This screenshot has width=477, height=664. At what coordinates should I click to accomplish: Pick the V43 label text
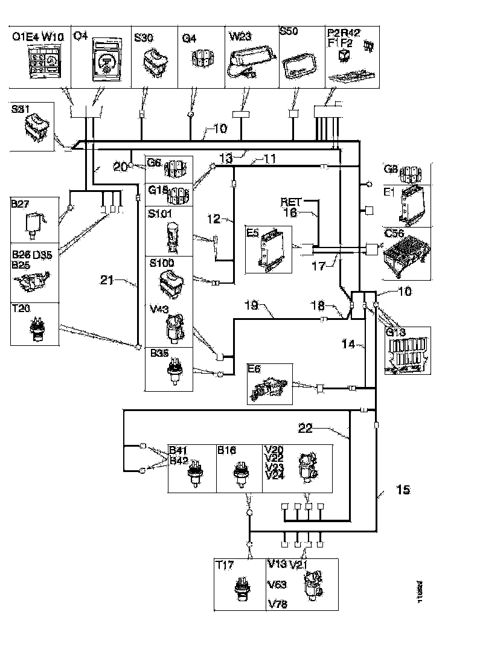tap(159, 309)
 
